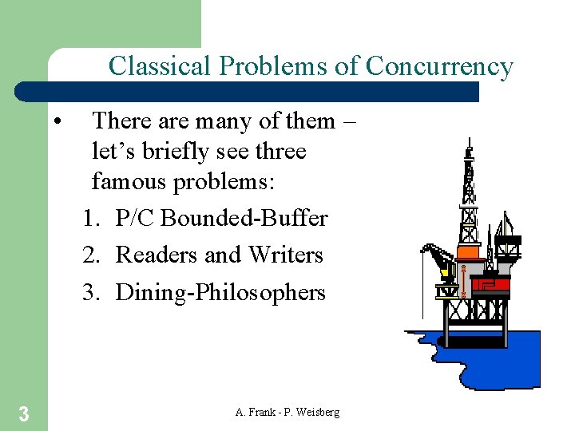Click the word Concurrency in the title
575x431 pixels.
439,66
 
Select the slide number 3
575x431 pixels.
24,413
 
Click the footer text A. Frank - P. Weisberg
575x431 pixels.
287,412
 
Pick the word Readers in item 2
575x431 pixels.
157,255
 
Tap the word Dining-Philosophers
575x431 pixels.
220,293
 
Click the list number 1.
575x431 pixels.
89,218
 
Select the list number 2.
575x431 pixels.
89,255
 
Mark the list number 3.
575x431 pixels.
89,293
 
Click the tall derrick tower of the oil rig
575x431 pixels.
470,192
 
